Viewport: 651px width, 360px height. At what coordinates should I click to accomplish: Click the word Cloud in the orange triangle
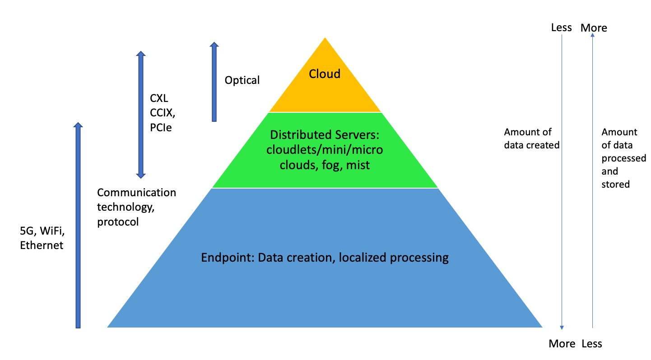coord(324,74)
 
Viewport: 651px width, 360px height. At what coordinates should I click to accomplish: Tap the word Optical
coord(242,80)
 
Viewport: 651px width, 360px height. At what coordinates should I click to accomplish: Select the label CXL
coord(158,98)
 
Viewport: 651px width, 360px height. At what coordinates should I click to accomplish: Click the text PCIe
coord(161,128)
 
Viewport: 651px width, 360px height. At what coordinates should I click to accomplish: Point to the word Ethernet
coord(42,245)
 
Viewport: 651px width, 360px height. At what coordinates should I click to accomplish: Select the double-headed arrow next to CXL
coord(141,114)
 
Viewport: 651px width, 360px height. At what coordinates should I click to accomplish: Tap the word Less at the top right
coord(561,28)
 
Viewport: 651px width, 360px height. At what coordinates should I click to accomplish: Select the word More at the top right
coord(594,28)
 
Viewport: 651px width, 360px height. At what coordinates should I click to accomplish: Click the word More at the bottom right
coord(562,344)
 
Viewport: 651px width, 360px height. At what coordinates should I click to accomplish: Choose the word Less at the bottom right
coord(592,344)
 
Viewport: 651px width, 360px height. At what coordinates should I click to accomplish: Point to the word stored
coord(615,184)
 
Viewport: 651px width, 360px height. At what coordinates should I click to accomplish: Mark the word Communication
coord(137,193)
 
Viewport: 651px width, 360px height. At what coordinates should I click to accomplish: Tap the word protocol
coord(118,222)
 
